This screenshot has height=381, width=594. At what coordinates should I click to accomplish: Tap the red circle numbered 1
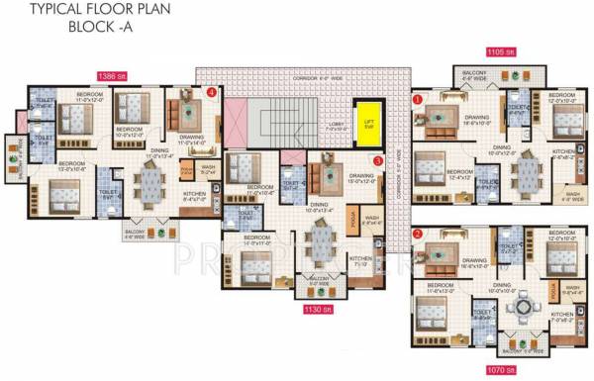coord(418,99)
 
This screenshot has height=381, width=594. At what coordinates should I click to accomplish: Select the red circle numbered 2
coord(418,235)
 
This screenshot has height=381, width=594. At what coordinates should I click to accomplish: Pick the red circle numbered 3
coord(377,160)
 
